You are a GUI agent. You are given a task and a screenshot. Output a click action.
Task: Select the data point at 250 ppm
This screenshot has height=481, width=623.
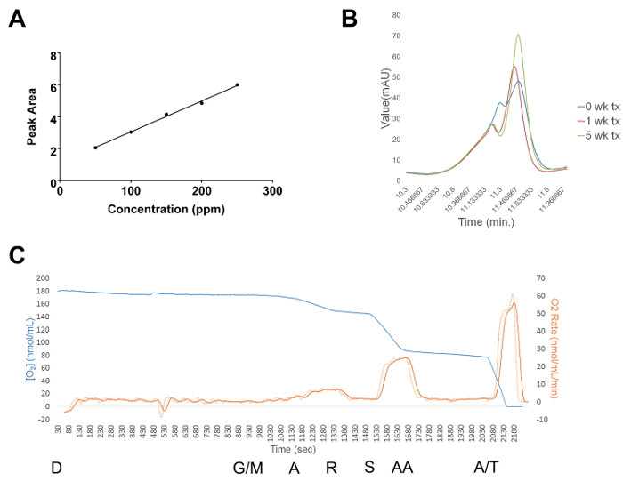click(237, 84)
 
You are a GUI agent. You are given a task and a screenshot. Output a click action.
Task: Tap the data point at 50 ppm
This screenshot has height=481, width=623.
click(95, 148)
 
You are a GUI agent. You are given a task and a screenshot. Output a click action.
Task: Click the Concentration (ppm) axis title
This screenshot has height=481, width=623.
click(165, 209)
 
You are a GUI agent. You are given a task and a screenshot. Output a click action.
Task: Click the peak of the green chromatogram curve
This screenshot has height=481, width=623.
click(518, 35)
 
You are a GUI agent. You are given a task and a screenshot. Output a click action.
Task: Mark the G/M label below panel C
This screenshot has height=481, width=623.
click(248, 467)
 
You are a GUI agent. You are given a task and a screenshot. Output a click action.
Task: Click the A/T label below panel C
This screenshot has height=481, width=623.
click(485, 467)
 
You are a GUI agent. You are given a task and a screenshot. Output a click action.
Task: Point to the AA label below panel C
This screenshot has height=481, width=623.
click(402, 467)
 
